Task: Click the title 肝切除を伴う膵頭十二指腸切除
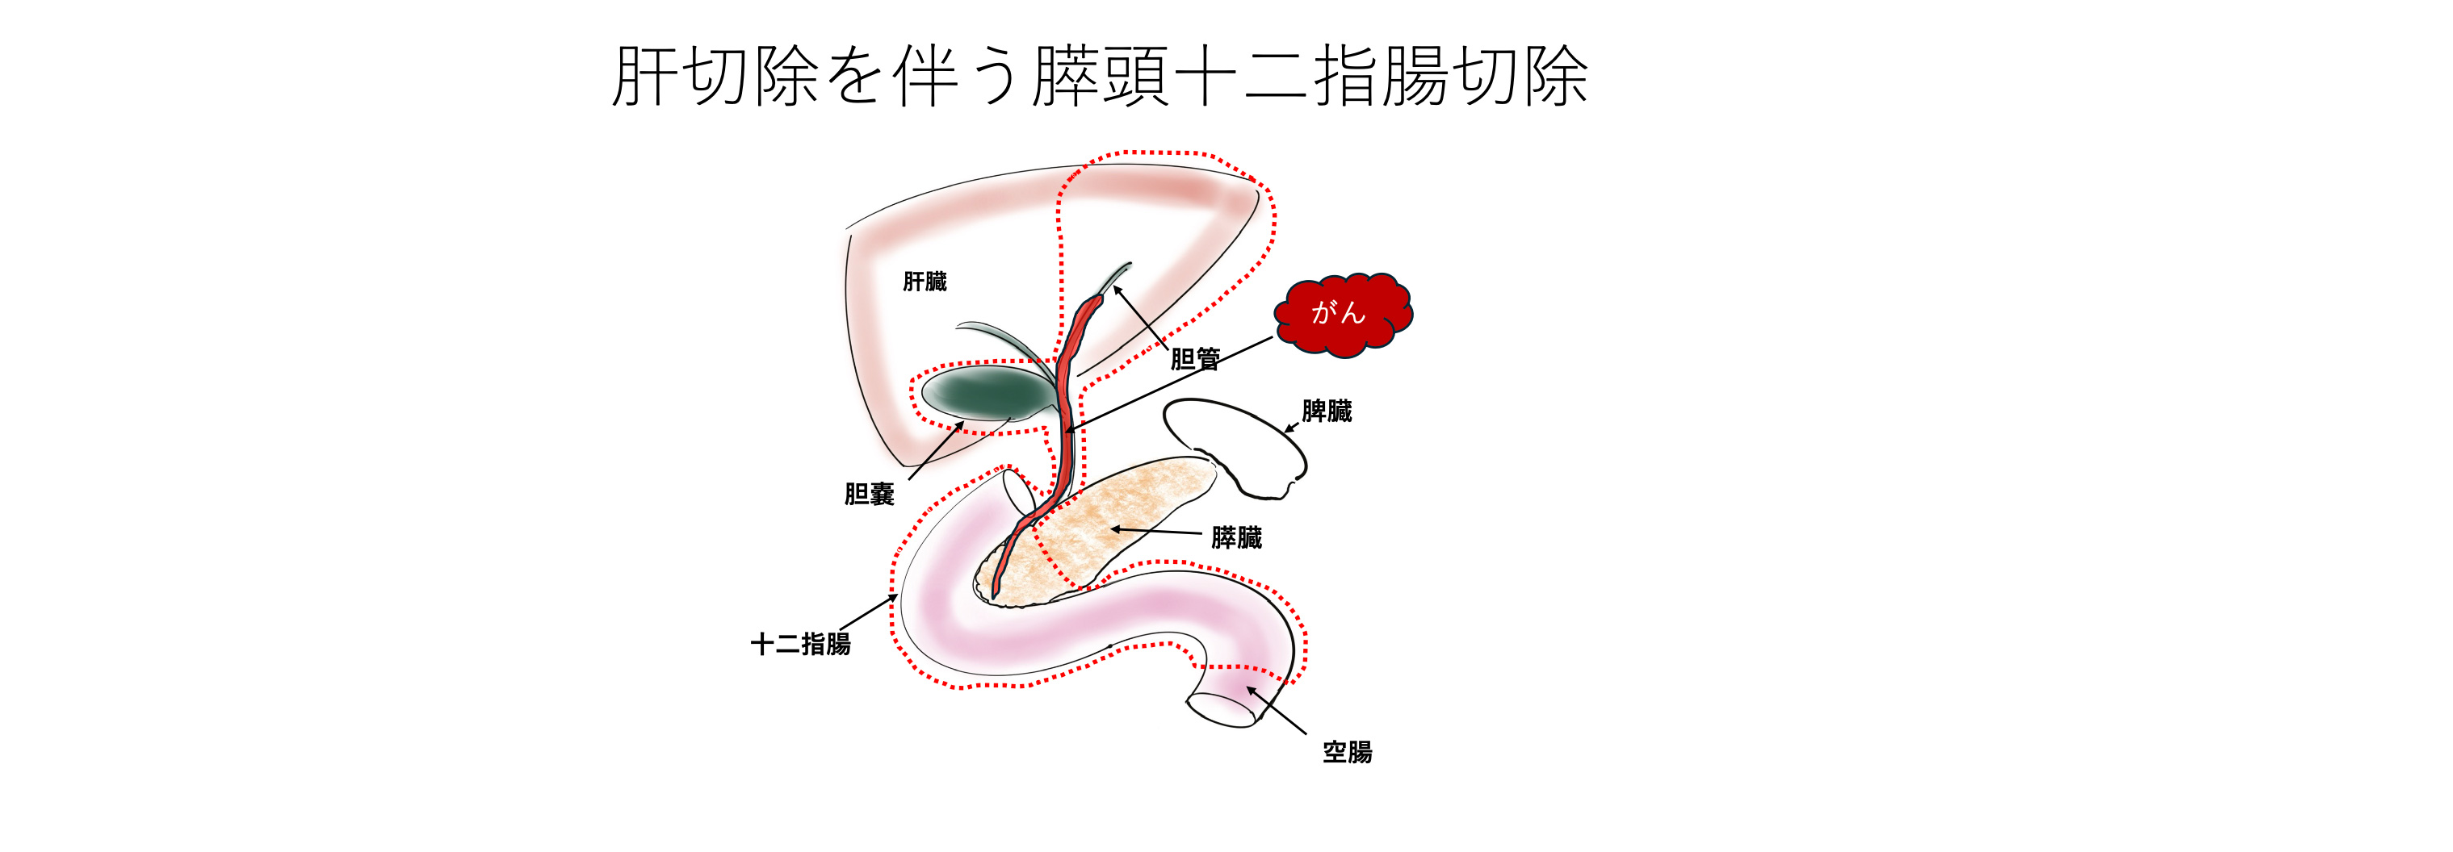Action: pyautogui.click(x=1100, y=76)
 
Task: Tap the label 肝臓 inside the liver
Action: pyautogui.click(x=924, y=282)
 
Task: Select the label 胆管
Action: pyautogui.click(x=1194, y=359)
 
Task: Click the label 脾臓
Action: pyautogui.click(x=1327, y=411)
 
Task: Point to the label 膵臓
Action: pyautogui.click(x=1236, y=538)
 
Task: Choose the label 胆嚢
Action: pyautogui.click(x=869, y=494)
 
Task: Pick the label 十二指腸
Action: pyautogui.click(x=800, y=645)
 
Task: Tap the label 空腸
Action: pyautogui.click(x=1347, y=752)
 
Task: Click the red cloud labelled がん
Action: pyautogui.click(x=1343, y=314)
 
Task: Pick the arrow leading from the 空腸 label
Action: pyautogui.click(x=1276, y=710)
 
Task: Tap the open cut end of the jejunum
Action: pyautogui.click(x=1221, y=710)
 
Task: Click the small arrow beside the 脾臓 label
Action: pyautogui.click(x=1291, y=428)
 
